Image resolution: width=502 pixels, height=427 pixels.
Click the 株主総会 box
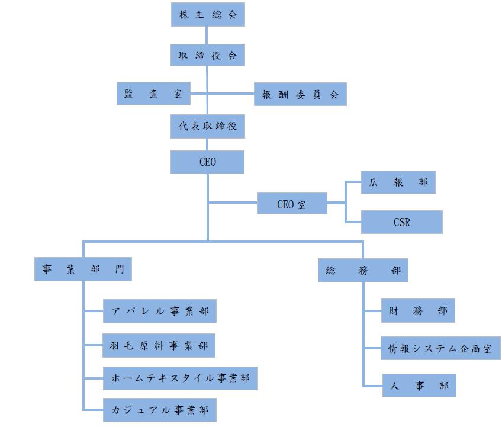coord(208,15)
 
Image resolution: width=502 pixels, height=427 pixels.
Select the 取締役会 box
coord(208,56)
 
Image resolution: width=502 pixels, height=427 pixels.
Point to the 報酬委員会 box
coord(300,94)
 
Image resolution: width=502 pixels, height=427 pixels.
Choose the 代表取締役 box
coord(208,126)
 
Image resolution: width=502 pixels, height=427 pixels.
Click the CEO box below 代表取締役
coord(208,162)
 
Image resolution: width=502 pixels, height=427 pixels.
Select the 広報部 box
coord(398,182)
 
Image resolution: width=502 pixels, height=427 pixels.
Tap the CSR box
coord(402,222)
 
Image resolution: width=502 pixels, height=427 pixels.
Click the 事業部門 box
coord(83,269)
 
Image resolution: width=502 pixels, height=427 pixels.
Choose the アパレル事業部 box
coord(159,311)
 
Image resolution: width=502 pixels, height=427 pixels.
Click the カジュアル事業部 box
coord(159,410)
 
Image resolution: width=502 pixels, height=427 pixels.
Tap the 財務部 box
coord(418,310)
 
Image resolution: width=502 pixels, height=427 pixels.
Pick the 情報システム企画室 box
coord(441,348)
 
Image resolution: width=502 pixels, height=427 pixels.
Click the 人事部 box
coord(419,386)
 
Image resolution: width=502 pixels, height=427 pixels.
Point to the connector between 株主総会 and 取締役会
coord(207,35)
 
